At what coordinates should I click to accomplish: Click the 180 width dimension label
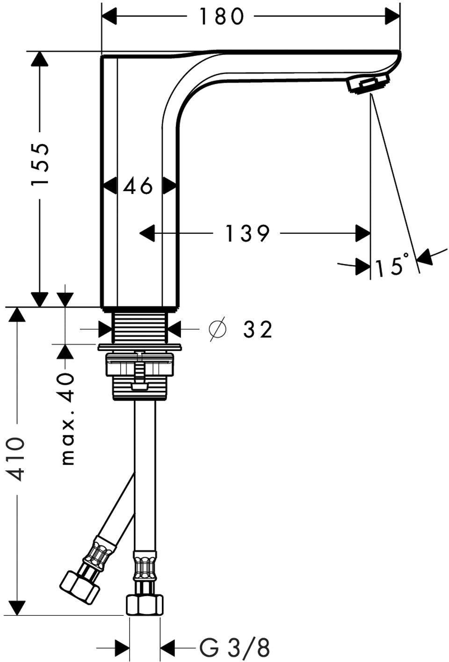(x=222, y=16)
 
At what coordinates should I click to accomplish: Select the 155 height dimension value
(x=40, y=164)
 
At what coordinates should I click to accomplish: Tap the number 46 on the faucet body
(x=138, y=186)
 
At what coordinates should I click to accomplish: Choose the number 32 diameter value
(x=257, y=329)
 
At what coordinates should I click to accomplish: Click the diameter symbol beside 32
(x=217, y=329)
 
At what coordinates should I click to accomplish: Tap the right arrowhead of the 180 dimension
(x=392, y=16)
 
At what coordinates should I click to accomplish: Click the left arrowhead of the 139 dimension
(x=147, y=233)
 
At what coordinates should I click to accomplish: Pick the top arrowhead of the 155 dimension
(x=40, y=59)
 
